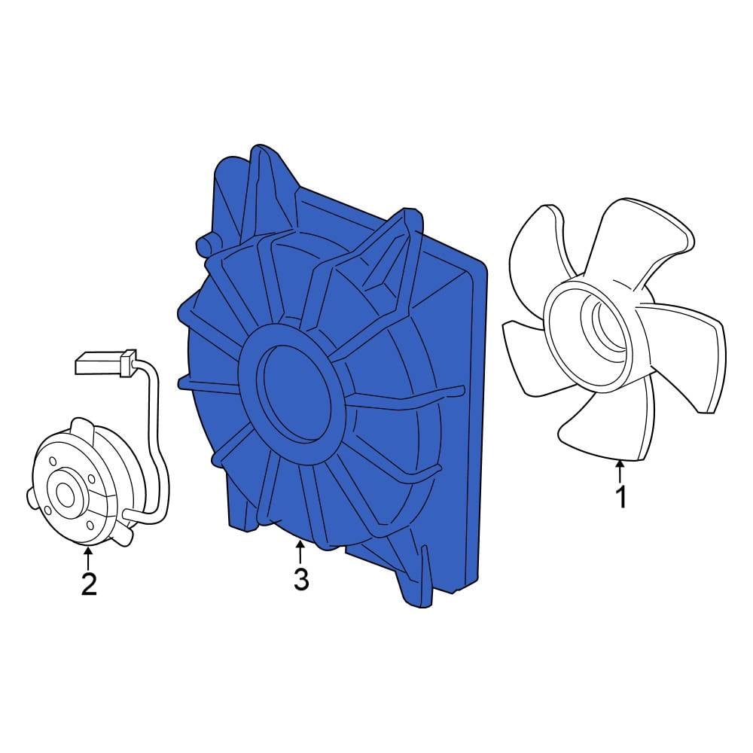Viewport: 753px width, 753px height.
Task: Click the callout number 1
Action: pos(621,498)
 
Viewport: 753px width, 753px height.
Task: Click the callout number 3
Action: pos(300,579)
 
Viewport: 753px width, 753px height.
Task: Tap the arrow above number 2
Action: pos(89,558)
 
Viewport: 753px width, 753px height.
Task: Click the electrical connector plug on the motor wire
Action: pos(105,364)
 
